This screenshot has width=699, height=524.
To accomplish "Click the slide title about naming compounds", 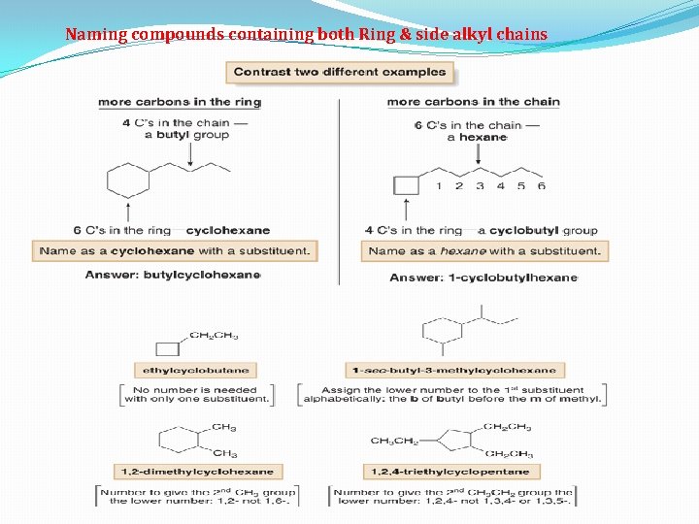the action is [306, 35].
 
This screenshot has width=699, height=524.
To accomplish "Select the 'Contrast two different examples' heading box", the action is [340, 72].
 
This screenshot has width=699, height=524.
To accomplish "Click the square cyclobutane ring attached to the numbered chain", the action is [406, 185].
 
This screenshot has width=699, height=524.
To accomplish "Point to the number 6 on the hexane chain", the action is [541, 186].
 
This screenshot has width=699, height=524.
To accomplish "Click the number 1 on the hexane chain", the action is [439, 186].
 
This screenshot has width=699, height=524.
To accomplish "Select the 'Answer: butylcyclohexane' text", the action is [173, 275].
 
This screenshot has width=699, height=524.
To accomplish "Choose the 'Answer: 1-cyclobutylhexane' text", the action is [483, 277].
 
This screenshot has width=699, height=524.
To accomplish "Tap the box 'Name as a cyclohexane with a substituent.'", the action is [175, 250].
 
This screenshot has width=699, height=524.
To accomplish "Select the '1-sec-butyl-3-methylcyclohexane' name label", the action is [454, 370].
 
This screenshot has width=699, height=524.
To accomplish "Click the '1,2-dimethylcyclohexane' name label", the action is [197, 472].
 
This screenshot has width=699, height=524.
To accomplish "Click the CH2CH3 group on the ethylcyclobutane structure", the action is [214, 336].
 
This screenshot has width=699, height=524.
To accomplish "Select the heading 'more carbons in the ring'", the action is [179, 102].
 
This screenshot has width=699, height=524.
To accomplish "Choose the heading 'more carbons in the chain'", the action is [473, 102].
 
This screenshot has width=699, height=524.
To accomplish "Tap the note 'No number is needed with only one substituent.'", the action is [197, 394].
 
